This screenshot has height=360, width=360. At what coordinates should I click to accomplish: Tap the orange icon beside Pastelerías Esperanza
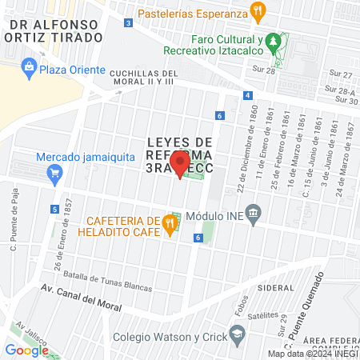(x=257, y=12)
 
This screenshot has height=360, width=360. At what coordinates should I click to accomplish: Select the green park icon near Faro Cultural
(x=274, y=40)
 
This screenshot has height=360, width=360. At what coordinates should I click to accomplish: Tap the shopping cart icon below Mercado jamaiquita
(x=54, y=172)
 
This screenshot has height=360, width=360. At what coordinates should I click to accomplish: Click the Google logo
(x=26, y=350)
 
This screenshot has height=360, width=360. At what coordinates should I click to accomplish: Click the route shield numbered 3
(x=128, y=22)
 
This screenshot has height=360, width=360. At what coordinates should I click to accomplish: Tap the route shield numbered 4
(x=248, y=95)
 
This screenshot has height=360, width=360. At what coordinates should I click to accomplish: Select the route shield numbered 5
(x=54, y=210)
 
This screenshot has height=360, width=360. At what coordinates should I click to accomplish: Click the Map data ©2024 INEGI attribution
(x=312, y=354)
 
